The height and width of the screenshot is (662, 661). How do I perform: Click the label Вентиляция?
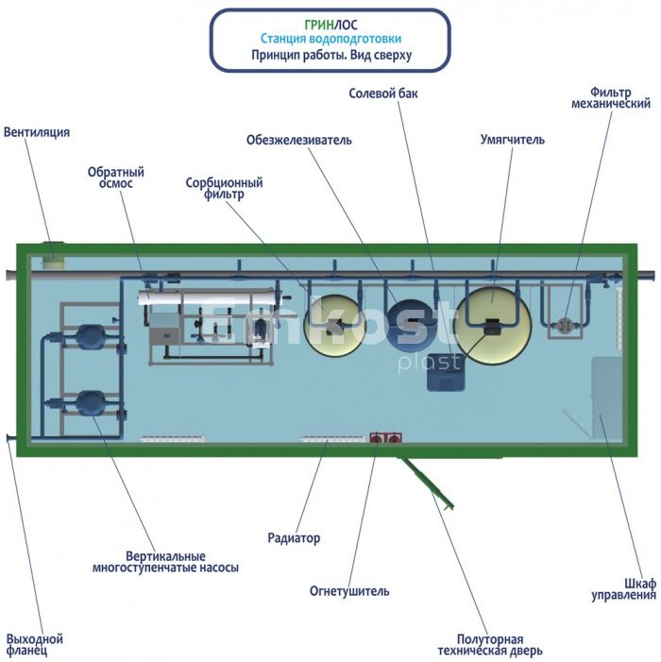pos(37,132)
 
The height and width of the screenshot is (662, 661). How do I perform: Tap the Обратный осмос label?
pos(115,178)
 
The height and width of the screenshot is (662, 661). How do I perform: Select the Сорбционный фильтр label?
pos(224,188)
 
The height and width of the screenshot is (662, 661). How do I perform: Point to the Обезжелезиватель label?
pos(298,140)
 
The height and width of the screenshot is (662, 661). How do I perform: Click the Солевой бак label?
pos(383,93)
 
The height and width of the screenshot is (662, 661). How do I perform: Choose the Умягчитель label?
pos(513,140)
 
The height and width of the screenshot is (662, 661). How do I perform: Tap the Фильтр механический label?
pos(611,98)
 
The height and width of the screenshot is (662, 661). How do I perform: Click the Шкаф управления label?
pos(624,589)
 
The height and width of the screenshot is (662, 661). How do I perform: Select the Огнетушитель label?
pos(349,590)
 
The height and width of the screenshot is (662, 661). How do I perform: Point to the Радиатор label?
pos(294,538)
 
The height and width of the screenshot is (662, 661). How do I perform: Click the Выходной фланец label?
pos(35,645)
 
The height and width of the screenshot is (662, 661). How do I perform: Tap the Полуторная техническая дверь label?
pos(490,645)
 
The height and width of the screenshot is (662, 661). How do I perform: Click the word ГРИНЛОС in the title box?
pos(330,25)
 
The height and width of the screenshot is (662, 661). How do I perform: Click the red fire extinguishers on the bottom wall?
pos(385,438)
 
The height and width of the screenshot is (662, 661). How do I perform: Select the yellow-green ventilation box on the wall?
pos(53,255)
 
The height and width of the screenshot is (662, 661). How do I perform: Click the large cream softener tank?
pos(493,325)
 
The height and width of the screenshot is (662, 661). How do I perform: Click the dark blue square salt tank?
pos(446,372)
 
